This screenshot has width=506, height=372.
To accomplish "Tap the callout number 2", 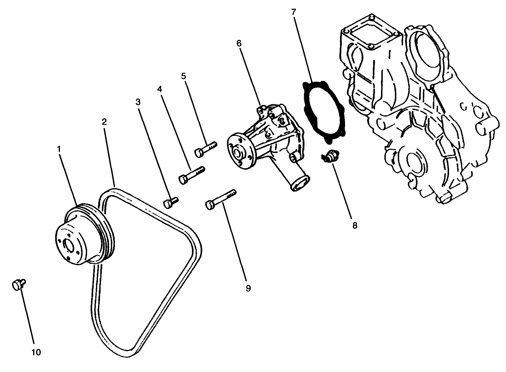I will click(x=104, y=122).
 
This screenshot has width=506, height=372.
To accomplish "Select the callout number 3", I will click(x=138, y=102).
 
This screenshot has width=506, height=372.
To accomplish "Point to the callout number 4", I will click(x=160, y=89).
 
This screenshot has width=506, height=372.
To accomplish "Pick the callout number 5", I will click(x=183, y=76).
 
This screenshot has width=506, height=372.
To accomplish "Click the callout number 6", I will click(x=239, y=43).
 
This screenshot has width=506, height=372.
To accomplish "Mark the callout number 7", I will click(x=293, y=12).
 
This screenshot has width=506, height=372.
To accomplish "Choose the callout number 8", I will click(x=355, y=225).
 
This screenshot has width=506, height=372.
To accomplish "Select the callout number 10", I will click(x=36, y=352).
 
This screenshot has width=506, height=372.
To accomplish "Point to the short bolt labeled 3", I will click(x=170, y=202).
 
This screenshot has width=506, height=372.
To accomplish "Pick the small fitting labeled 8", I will click(x=330, y=156).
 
